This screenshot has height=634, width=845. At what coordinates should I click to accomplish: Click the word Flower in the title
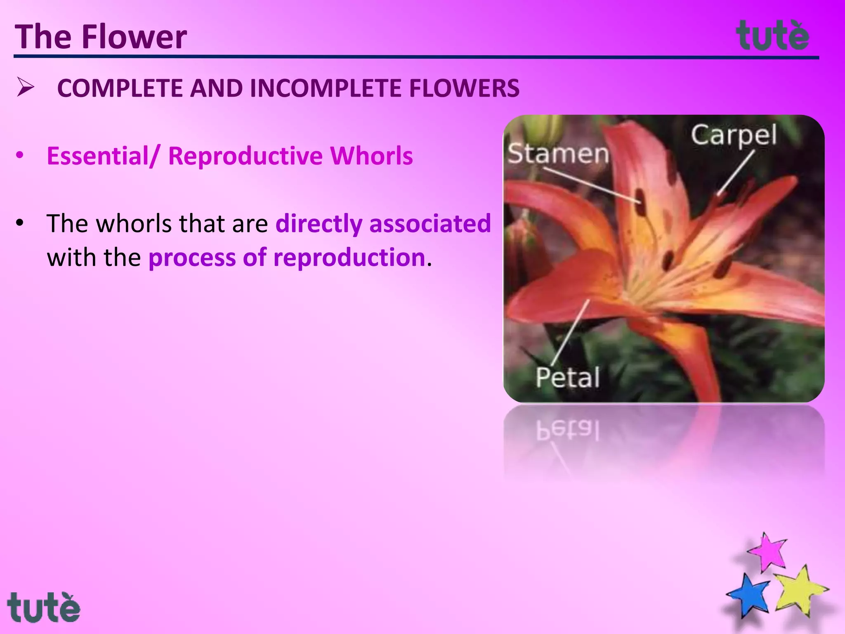(x=134, y=37)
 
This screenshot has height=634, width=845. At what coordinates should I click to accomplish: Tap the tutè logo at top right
(x=772, y=36)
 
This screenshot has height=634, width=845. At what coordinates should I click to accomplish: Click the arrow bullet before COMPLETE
(x=26, y=88)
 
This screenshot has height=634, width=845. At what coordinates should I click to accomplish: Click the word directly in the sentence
(x=319, y=224)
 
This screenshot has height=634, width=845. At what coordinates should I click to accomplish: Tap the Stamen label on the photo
(x=558, y=154)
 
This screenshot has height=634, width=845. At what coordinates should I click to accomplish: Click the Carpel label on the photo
(x=734, y=135)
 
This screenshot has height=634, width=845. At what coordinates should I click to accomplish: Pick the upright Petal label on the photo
(x=567, y=377)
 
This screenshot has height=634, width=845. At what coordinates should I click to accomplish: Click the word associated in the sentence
(x=430, y=224)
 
